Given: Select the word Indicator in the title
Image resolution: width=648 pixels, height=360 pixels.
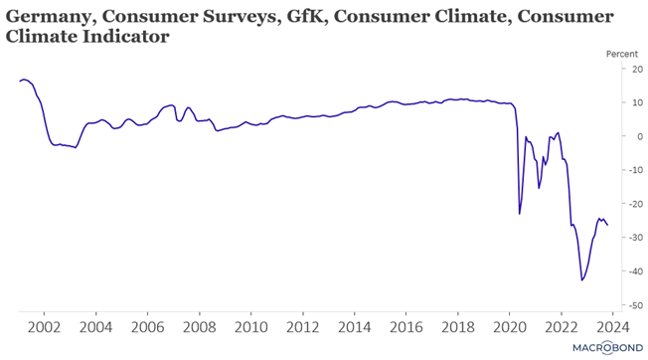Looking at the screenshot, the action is [125, 37].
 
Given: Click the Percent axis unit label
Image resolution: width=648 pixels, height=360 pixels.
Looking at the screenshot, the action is [622, 54].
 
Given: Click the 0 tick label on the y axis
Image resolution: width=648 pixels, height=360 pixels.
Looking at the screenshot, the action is [640, 136].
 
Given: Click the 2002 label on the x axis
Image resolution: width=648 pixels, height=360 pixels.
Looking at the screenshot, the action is [44, 327].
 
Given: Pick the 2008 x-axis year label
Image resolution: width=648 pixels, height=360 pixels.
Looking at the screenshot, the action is [199, 327].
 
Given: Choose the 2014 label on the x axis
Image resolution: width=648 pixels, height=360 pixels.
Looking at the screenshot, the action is [354, 327].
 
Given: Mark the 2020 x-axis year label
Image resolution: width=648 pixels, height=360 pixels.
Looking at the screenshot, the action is [510, 327].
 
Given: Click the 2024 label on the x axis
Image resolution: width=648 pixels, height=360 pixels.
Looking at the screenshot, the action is [613, 327].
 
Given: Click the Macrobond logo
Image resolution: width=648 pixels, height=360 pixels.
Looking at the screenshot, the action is [607, 348].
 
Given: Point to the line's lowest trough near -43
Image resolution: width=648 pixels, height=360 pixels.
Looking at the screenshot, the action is [581, 280].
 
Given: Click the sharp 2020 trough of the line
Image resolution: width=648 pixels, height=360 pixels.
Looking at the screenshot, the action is [520, 214].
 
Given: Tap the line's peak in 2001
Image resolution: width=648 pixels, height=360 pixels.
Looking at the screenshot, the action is [24, 79].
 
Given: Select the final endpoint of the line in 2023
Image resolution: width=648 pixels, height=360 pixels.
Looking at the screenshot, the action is [607, 225].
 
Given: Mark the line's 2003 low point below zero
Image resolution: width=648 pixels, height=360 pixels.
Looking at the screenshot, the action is [76, 147].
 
